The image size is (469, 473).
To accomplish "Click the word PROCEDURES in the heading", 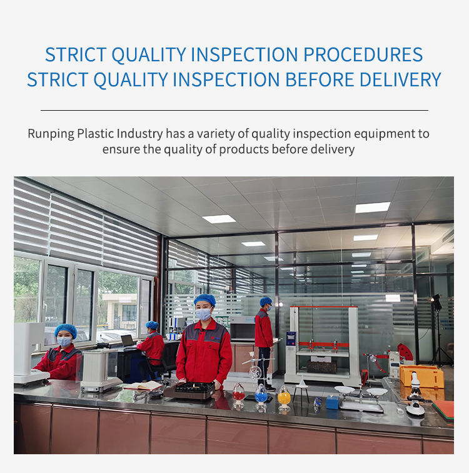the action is click(363, 54).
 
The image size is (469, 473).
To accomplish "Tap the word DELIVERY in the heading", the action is click(400, 79).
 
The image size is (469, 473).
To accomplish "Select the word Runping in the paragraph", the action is click(51, 134).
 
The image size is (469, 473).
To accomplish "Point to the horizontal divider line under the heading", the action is click(234, 110).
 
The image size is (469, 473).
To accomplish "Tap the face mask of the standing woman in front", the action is click(203, 314).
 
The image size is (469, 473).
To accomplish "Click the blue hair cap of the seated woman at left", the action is click(66, 330).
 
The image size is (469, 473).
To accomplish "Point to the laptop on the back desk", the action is click(128, 341).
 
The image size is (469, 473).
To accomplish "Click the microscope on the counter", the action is click(415, 394).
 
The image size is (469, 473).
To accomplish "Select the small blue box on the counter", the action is click(333, 402).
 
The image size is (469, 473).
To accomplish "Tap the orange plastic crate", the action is click(422, 376).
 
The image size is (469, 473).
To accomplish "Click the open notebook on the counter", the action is click(143, 385).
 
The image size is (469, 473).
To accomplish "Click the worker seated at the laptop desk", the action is click(151, 347).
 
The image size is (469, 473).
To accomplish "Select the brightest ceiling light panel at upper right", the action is click(373, 207).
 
